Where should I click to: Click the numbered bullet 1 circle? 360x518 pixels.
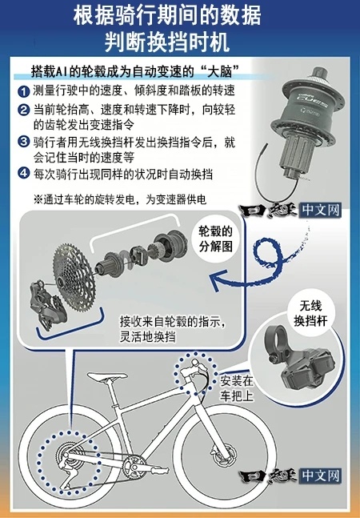(24, 91)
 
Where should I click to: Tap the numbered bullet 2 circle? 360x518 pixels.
(24, 110)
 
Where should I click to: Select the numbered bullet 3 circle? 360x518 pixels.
(24, 142)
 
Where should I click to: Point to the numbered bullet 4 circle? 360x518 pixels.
(24, 173)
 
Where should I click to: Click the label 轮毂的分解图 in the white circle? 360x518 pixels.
(215, 239)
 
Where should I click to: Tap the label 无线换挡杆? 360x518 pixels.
(310, 313)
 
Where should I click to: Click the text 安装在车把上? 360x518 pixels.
(237, 388)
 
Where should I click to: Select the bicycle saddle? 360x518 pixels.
(106, 376)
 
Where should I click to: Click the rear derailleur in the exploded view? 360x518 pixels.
(47, 305)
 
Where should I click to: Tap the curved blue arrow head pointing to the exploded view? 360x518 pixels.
(218, 280)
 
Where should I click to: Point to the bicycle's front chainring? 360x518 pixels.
(134, 467)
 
